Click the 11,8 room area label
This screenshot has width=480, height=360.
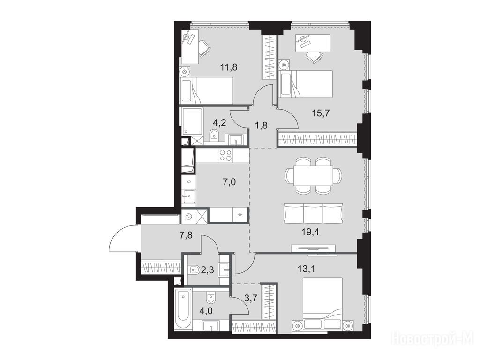point(229,67)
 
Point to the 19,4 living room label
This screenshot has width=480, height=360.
point(310,232)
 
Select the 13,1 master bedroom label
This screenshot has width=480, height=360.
point(307,269)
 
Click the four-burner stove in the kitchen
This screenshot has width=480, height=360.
point(226,155)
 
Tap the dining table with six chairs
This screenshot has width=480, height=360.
point(313,175)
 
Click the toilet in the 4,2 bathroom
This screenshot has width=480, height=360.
point(214,135)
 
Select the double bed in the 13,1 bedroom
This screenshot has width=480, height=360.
point(322,303)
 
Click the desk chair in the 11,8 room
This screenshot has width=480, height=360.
point(204,49)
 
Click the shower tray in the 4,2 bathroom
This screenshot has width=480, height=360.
point(193,121)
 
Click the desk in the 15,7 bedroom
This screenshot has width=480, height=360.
point(313,42)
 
